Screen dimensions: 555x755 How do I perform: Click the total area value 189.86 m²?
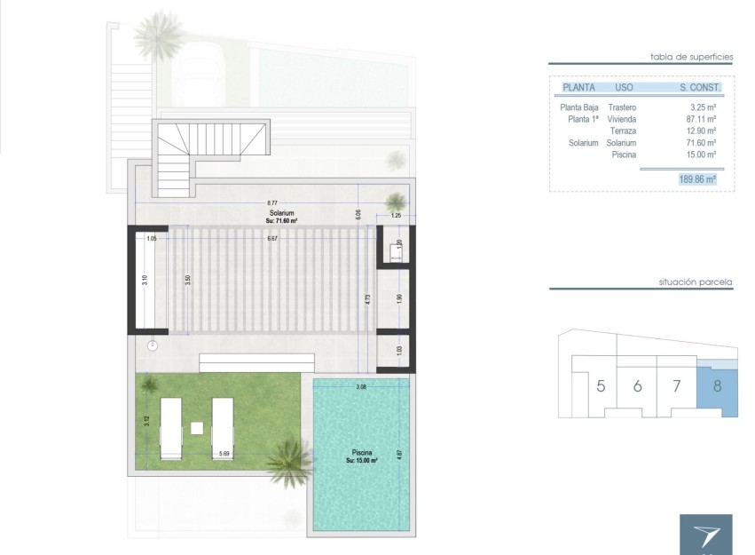coord(697,178)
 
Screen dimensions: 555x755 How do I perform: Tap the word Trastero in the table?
coord(622,107)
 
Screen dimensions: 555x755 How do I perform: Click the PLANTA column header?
coord(578,88)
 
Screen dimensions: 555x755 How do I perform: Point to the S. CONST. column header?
coord(700,88)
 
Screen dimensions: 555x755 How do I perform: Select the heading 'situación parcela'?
coord(696,281)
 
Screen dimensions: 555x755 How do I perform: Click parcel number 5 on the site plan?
coord(601,386)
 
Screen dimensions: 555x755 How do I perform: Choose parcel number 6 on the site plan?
coord(637,386)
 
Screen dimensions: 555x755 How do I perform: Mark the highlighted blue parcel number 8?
coord(717,386)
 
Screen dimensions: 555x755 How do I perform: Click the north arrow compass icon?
coord(706,535)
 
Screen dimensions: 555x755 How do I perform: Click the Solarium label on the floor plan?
coord(283,214)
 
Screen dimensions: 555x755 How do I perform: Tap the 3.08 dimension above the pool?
coord(361,387)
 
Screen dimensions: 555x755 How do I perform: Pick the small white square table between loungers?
coord(197,427)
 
